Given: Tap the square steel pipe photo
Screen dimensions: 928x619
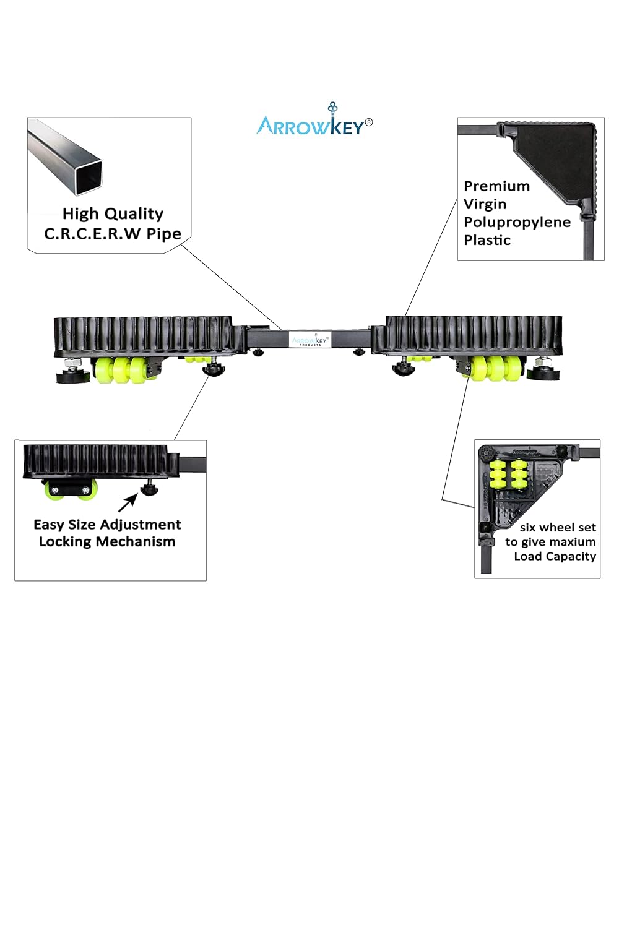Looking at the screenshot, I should [66, 158].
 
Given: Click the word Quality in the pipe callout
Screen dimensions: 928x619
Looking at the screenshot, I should [133, 214].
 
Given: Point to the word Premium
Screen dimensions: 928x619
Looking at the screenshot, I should [496, 186].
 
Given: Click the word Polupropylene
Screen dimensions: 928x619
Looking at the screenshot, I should [517, 222].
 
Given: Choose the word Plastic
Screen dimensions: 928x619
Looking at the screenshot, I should [487, 240].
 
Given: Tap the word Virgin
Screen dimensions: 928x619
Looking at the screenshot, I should [485, 204].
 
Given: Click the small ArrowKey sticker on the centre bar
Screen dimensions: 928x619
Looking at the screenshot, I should [311, 340].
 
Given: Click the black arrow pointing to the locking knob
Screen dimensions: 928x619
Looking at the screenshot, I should [129, 502].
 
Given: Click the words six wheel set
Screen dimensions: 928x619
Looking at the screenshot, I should [557, 528].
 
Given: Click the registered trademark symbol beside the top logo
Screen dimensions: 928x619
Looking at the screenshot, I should [369, 122].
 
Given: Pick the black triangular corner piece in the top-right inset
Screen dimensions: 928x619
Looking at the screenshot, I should [554, 158].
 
